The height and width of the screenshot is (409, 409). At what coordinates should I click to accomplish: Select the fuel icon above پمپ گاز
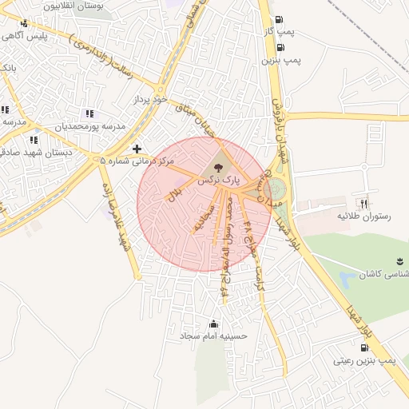tap(278, 21)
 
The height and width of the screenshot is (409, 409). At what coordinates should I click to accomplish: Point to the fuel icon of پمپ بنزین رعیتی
tap(365, 348)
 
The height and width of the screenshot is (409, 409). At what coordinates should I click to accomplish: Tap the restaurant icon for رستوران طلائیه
tap(365, 204)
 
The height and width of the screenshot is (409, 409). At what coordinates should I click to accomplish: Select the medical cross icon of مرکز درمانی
tap(137, 149)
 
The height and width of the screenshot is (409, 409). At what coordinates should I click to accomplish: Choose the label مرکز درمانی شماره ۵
tap(137, 161)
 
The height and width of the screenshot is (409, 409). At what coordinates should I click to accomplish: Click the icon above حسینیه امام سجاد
tap(212, 324)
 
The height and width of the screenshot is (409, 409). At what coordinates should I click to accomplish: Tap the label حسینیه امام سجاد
tap(213, 336)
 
